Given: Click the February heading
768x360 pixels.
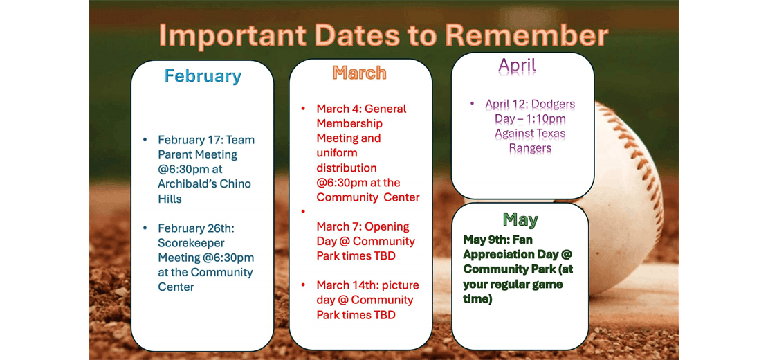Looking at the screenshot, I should pos(203,76).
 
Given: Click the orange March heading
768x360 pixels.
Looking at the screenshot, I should pos(359,73).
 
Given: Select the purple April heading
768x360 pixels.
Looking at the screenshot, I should pos(517,66).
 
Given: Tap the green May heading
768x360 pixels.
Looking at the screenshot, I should pos(520,219).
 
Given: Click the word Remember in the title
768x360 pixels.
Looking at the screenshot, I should pos(527,35).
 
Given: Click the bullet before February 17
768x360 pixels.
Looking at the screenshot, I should pos(145,140).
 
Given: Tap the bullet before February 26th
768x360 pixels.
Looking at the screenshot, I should pos(145,228).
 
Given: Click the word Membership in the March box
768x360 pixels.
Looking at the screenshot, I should pos(349,123).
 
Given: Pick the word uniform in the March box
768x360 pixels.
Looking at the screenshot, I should pos(337,153).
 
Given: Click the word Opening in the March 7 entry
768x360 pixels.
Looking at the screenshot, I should pos(387,226).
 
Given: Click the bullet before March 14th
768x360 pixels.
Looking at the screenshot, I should pos(303,285).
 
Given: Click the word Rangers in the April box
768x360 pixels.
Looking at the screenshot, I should pos(530,148).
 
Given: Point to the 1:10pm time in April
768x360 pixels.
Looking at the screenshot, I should pos(542,119).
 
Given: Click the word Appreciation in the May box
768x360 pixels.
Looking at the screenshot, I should pos(498,254).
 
